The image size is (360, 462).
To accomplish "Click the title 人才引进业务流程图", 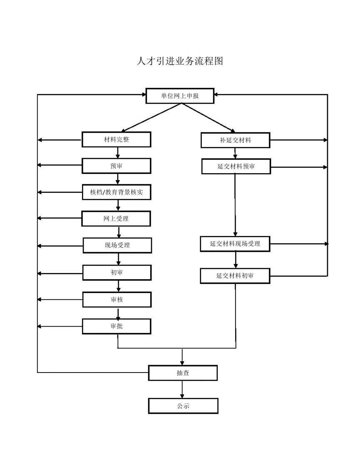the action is pos(180,61).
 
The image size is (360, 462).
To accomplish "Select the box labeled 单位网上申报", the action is pos(180,96).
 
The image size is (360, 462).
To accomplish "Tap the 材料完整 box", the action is pos(117,139).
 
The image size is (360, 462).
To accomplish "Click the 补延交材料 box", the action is pos(236,140).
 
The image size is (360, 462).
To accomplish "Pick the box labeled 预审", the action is pos(117,166).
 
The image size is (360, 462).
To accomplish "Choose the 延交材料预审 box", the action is pos(236,166).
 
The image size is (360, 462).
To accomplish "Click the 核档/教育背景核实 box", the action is pos(117,192).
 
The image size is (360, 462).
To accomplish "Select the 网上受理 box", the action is pos(116,219).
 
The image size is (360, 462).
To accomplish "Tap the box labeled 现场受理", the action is pos(117,246).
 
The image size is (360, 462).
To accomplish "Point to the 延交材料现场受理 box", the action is pos(235,244).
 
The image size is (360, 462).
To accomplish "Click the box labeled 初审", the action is pos(117,273).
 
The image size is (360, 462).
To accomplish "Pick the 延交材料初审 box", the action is pos(235,276).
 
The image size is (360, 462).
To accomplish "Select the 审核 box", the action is pos(117,300).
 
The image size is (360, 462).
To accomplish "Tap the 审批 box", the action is pos(117,326).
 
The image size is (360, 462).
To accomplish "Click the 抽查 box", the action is pos(183,373).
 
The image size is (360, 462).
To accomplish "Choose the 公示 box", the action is pos(183,406).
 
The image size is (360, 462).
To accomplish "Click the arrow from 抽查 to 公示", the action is pos(182,390).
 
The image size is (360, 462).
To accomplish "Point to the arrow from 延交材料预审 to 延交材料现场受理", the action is pos(235,205).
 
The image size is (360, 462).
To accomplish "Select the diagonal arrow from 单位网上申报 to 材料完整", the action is pos(151,117).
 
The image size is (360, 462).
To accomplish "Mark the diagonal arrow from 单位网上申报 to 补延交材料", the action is pos(209,117).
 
